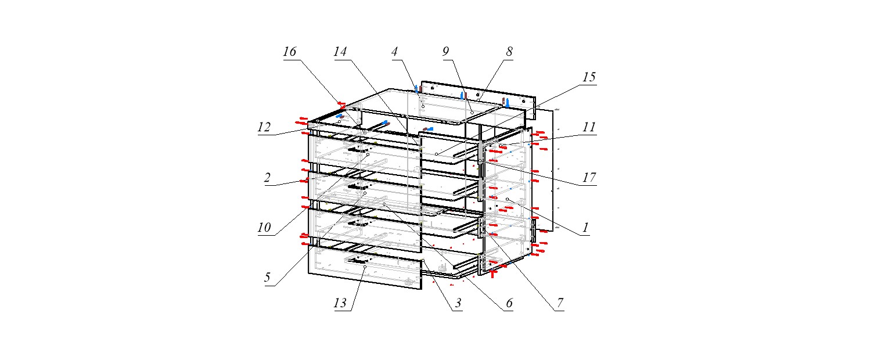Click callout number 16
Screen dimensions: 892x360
290,52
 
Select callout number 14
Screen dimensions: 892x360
340,52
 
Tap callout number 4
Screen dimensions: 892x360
394,52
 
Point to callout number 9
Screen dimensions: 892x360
445,52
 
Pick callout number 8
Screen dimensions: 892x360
509,52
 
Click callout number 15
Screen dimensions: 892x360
589,77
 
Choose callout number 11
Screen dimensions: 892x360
589,127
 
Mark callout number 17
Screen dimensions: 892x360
589,177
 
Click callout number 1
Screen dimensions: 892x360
585,228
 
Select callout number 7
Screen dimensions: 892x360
560,303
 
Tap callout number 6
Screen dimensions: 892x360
509,303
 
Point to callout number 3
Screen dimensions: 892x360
458,303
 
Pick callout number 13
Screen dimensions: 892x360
340,303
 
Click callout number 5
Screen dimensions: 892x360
267,278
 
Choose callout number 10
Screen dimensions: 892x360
264,228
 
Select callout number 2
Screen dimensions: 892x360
267,178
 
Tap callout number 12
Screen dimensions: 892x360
264,127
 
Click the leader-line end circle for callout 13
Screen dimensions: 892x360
365,267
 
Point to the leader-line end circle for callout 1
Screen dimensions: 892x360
508,199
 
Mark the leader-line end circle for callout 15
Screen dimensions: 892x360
437,154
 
